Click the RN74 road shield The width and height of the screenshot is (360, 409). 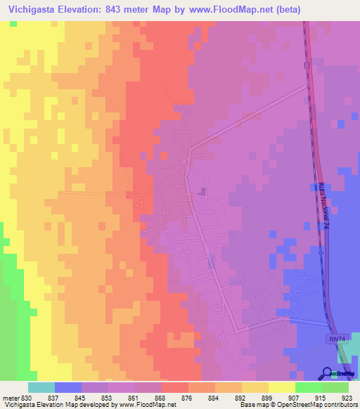pos(337,339)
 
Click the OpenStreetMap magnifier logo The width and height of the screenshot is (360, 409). pos(327,372)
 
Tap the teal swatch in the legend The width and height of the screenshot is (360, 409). pos(41,387)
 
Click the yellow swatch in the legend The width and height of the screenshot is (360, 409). pos(281,387)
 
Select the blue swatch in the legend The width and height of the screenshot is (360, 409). pos(67,387)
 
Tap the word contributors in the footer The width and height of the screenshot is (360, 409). pos(340,405)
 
